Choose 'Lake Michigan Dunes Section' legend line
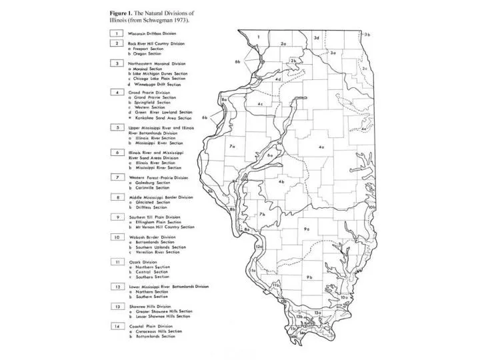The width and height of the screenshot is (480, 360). [162, 74]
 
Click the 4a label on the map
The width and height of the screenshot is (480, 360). [321, 147]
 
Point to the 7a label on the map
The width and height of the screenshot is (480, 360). [232, 145]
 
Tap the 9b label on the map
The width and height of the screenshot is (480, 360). [309, 277]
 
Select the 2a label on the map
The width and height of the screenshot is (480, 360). [283, 44]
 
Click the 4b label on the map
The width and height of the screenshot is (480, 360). [281, 181]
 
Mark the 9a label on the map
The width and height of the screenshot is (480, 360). [307, 229]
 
